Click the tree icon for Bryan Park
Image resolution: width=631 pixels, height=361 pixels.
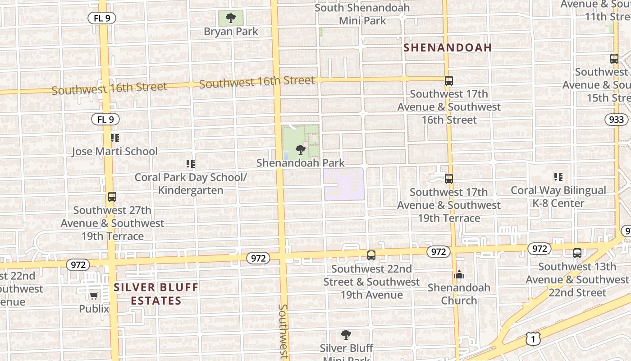(231, 18)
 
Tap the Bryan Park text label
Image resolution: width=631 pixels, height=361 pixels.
(231, 32)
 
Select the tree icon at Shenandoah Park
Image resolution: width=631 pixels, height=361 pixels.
(300, 149)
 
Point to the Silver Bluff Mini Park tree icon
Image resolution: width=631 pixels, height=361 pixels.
(346, 335)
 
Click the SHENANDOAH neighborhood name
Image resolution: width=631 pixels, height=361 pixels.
(447, 48)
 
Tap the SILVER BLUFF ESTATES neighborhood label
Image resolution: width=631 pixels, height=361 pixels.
(155, 294)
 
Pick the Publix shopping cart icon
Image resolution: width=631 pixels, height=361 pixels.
(94, 296)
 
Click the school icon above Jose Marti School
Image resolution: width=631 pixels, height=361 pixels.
(115, 138)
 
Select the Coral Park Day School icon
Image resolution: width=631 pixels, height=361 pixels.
(191, 164)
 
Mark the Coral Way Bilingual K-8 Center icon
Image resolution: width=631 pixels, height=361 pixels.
(558, 177)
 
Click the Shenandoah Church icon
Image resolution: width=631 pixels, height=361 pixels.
(459, 274)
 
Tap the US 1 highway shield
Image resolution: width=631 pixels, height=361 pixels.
(533, 338)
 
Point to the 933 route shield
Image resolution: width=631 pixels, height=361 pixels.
(616, 119)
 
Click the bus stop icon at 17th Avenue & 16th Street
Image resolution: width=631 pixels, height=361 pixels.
(449, 81)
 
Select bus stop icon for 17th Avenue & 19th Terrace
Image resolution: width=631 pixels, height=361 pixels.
(449, 179)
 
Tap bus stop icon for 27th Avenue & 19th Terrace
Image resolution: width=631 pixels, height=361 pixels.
(112, 197)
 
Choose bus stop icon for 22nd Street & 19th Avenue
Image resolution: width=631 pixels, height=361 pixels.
(371, 255)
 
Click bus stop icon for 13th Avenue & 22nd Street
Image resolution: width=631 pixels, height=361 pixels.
(577, 253)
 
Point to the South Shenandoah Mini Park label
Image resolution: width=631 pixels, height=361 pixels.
(362, 14)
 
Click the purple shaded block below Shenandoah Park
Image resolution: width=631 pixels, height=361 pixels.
(344, 185)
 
